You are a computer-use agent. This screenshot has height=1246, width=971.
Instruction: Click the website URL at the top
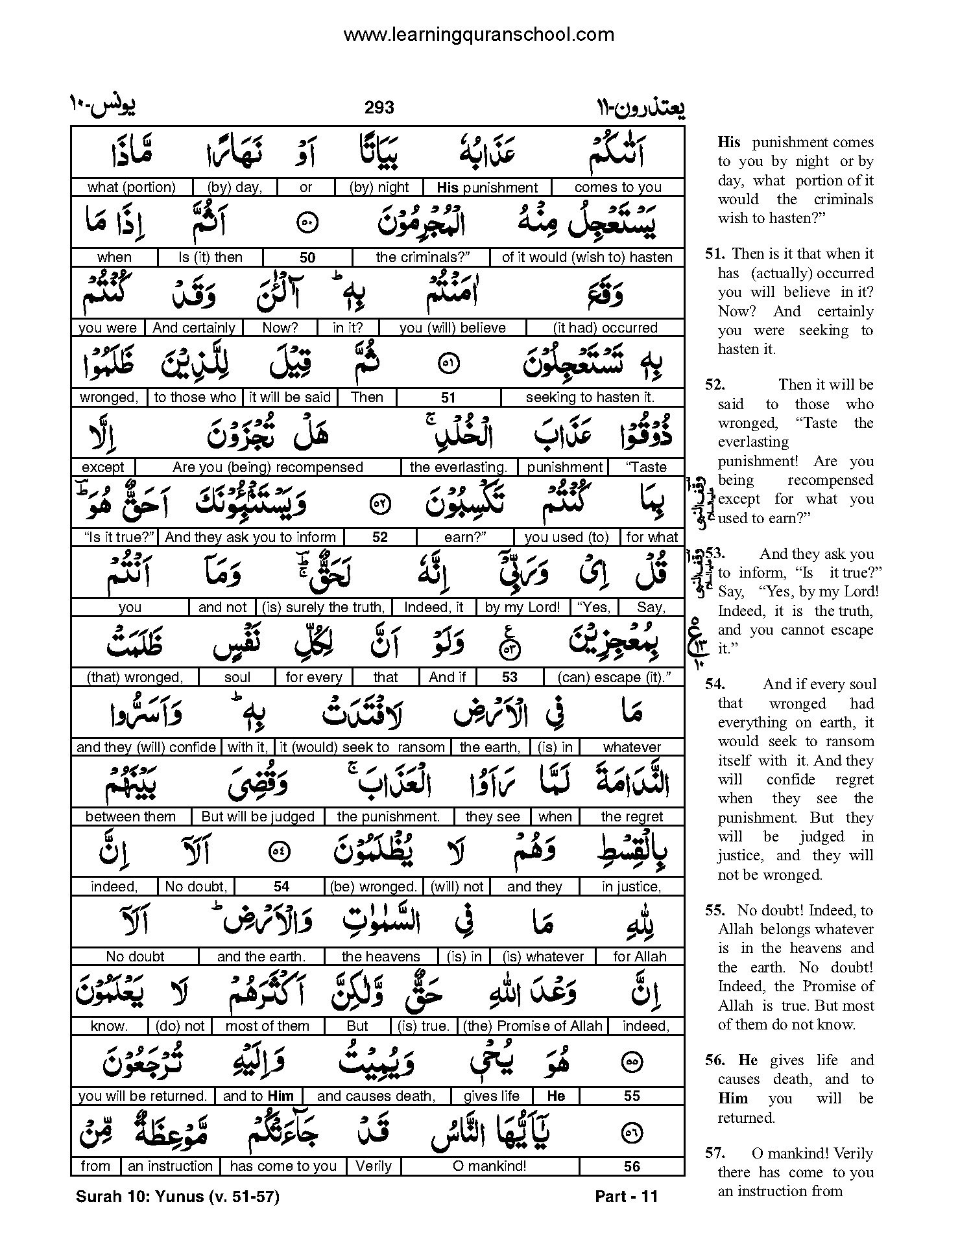(478, 34)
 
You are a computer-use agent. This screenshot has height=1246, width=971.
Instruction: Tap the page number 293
(379, 108)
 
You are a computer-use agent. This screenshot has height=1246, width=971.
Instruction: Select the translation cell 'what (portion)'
(132, 187)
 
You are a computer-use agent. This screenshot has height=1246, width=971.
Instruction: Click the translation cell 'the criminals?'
(422, 257)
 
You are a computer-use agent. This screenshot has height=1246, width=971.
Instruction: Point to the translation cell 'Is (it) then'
(210, 257)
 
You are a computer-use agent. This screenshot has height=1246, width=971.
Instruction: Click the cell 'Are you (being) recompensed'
(267, 467)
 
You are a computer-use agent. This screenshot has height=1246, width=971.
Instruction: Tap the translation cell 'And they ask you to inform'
(250, 537)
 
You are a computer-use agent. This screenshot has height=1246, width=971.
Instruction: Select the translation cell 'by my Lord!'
(522, 607)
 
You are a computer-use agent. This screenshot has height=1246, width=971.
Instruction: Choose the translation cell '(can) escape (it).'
(613, 677)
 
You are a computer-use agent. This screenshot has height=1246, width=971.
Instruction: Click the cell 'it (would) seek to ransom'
(362, 747)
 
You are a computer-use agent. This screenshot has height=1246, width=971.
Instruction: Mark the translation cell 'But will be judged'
(258, 817)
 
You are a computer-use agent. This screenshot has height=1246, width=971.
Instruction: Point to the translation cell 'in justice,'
(631, 887)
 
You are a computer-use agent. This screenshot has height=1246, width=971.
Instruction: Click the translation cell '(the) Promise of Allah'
(533, 1026)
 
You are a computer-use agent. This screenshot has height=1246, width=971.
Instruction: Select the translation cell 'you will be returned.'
(142, 1096)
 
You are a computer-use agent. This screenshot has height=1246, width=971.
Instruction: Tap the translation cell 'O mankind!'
(490, 1166)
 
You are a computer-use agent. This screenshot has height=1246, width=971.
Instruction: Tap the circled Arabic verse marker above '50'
(306, 222)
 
